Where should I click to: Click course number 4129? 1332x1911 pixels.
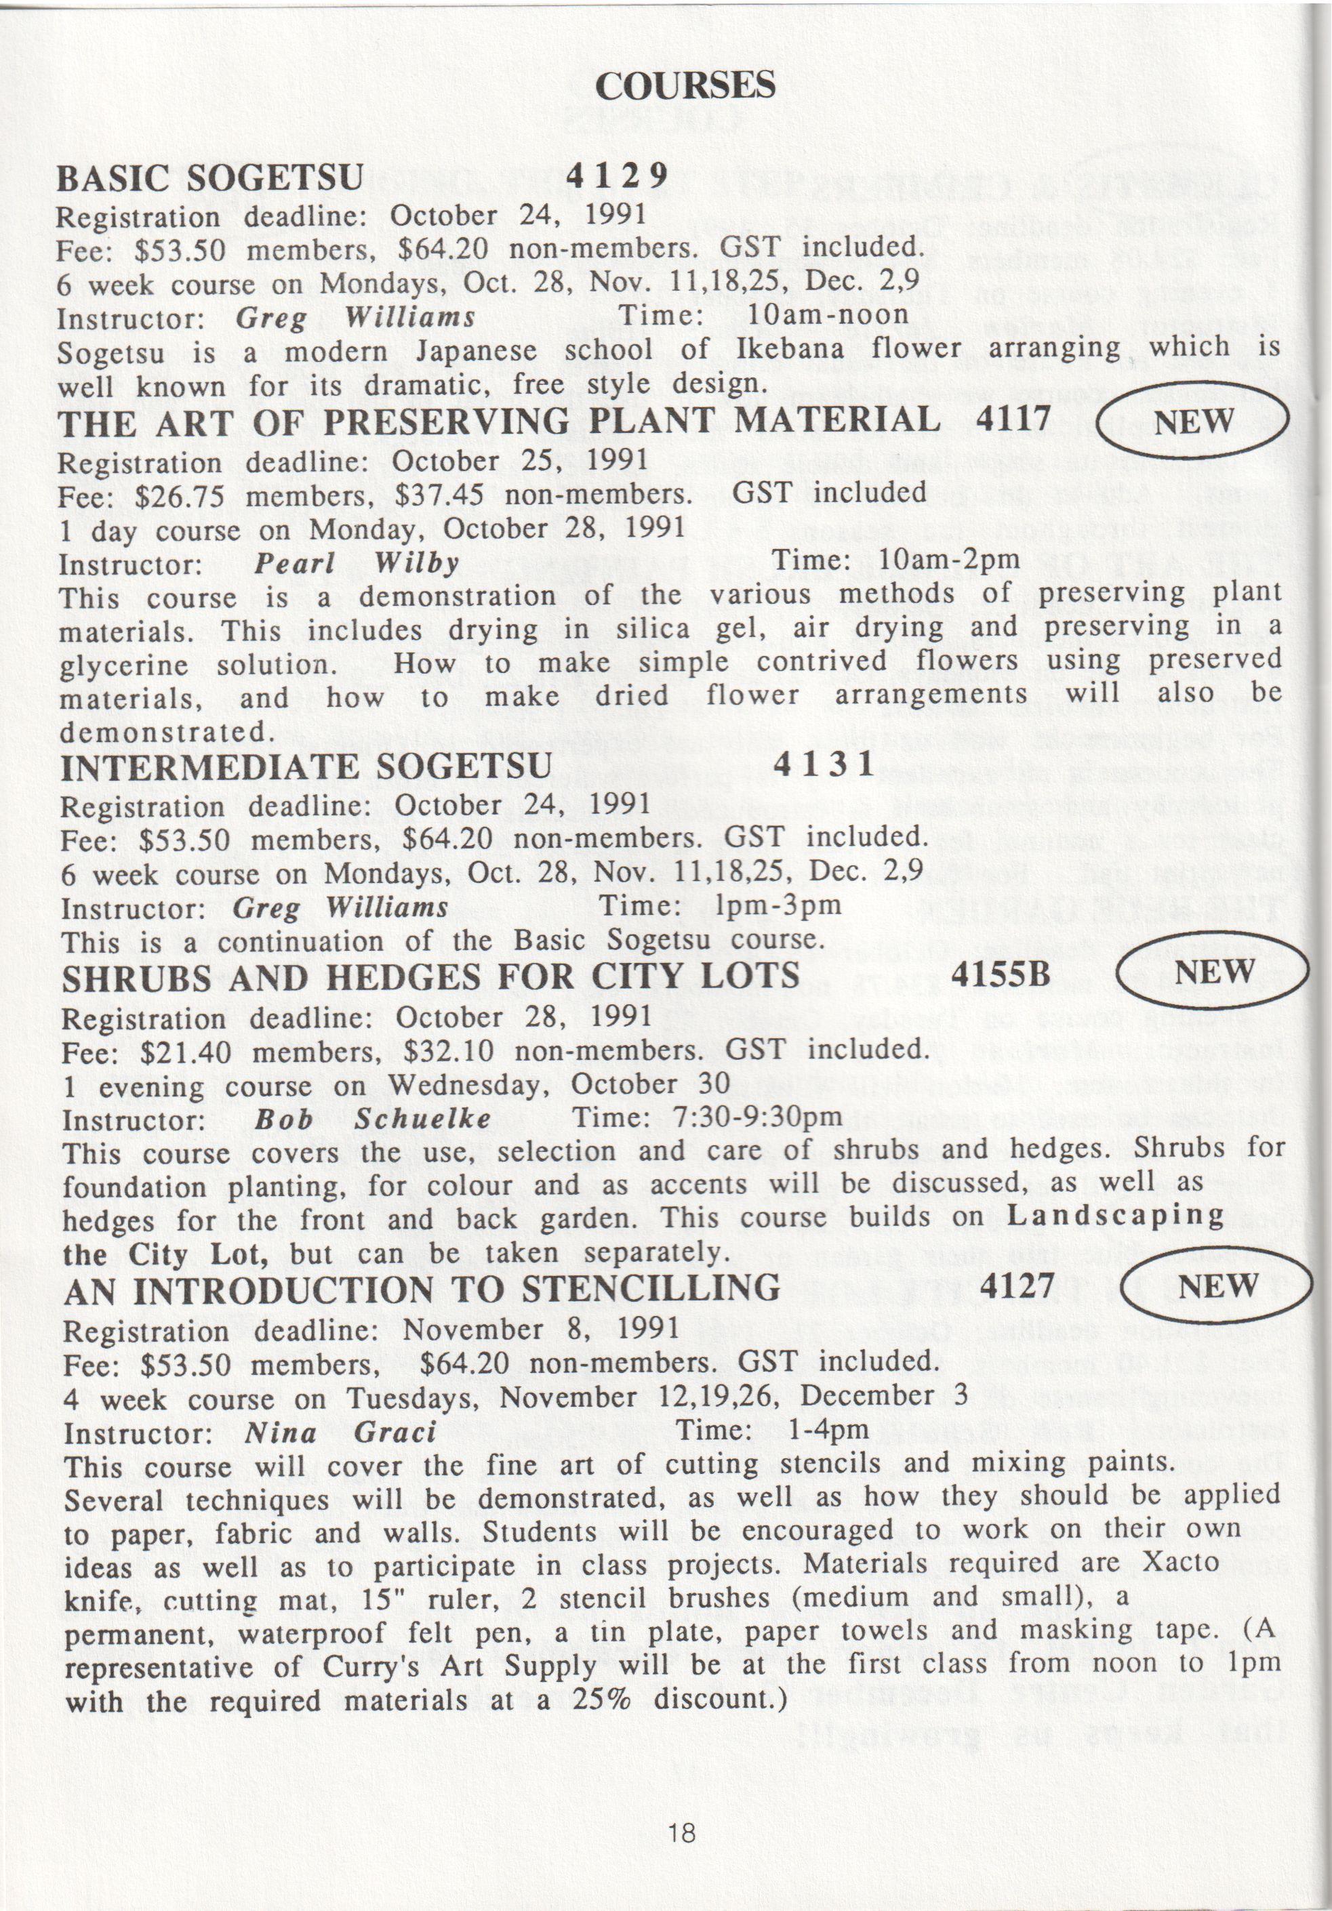(x=618, y=175)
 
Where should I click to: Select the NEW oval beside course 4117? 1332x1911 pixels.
(x=1193, y=421)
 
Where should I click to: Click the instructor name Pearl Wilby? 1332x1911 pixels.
(x=357, y=564)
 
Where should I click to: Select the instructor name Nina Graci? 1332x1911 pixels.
(x=340, y=1432)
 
